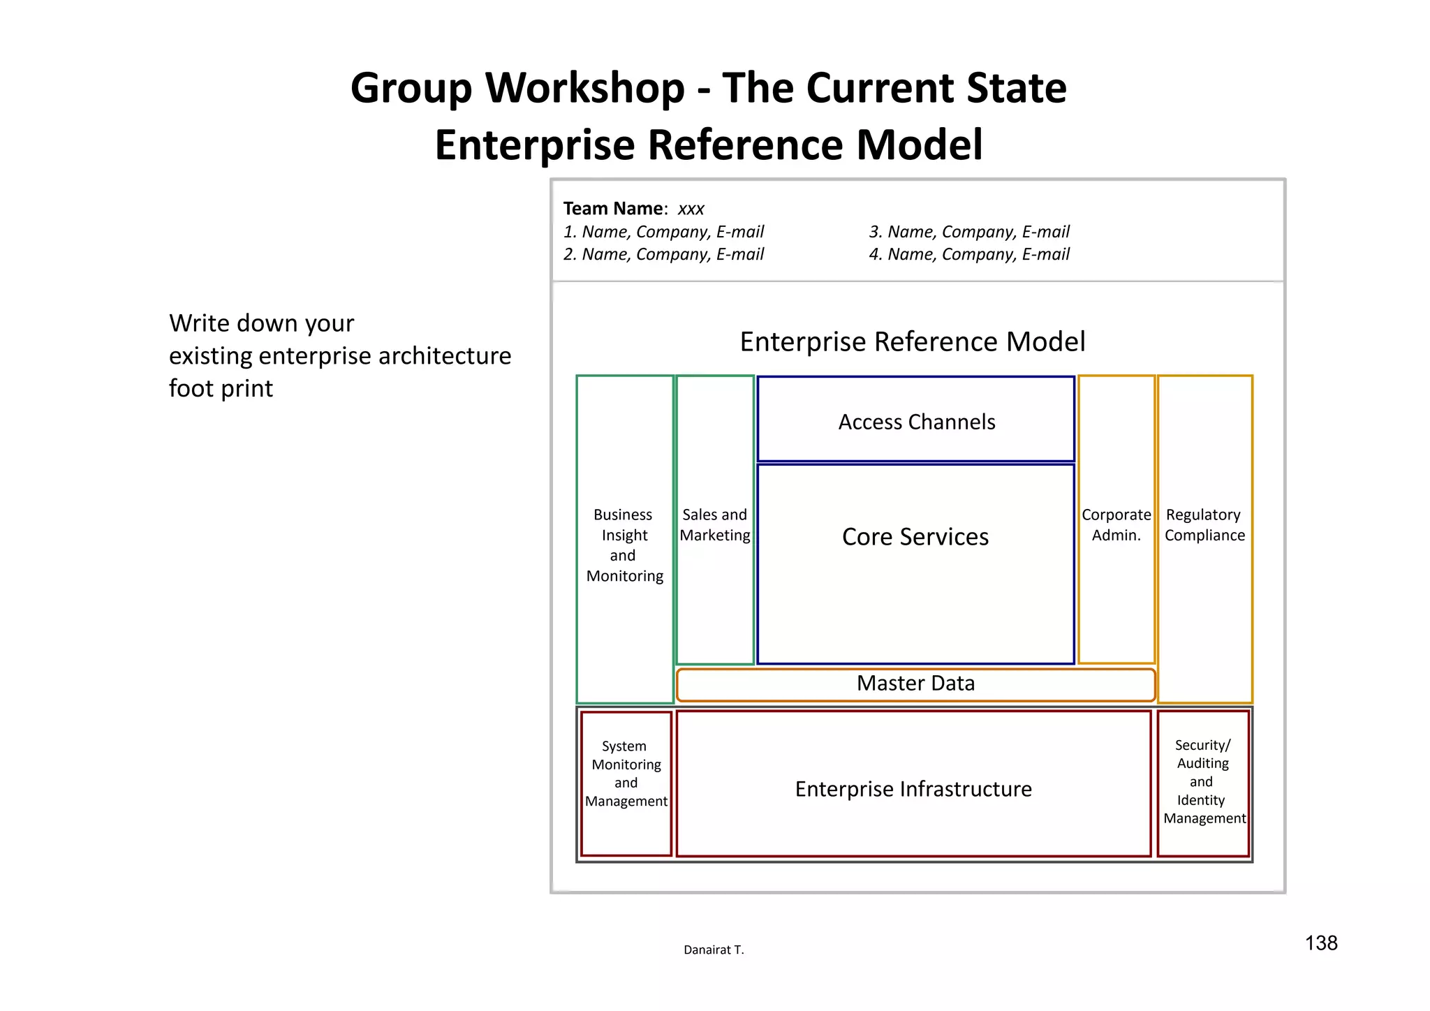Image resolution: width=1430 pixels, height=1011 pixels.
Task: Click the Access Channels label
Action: pos(916,422)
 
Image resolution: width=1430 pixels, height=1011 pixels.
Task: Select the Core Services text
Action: pos(915,536)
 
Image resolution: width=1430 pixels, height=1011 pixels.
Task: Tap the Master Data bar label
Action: pos(915,683)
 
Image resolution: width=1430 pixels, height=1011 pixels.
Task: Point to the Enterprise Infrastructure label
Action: pos(913,789)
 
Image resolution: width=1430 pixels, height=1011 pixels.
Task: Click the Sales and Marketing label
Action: pos(714,525)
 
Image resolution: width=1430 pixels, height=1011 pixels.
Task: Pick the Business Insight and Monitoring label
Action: pos(624,545)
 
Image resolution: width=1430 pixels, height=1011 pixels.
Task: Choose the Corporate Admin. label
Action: pos(1116,525)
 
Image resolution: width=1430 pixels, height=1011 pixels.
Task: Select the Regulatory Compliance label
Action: pos(1204,525)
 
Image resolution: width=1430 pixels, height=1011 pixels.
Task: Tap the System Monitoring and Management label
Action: pos(626,774)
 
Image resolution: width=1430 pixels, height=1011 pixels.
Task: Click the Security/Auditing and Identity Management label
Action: pos(1203,781)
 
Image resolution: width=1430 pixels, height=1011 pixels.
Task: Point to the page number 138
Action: pos(1321,943)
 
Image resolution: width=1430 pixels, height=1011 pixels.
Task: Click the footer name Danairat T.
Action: pos(714,950)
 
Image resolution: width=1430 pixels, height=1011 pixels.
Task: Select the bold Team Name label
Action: pos(613,209)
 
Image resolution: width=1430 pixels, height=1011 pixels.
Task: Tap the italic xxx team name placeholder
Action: pos(691,209)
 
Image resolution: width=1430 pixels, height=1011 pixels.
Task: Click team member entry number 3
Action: pos(968,232)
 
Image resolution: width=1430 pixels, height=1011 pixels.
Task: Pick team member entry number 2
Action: pos(663,254)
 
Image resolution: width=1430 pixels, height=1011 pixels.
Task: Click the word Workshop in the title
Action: pos(584,88)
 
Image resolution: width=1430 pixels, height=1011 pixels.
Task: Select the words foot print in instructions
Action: pos(221,388)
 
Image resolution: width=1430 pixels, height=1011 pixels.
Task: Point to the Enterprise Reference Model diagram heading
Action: pos(912,341)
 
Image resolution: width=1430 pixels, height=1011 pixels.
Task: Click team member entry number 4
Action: pos(968,254)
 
